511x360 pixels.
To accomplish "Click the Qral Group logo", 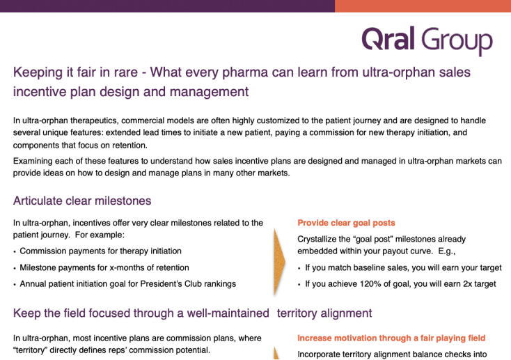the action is (x=427, y=40).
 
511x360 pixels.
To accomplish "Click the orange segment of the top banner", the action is (x=423, y=6).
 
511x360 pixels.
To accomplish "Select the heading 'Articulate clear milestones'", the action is (x=82, y=201).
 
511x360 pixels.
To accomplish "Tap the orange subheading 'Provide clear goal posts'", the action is (x=346, y=223).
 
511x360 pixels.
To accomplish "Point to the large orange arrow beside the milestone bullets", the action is (x=279, y=262).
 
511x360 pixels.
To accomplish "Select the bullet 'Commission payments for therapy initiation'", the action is (x=100, y=251).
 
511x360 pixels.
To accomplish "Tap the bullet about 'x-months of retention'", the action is (x=104, y=267).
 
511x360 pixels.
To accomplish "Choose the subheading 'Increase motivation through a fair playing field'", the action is (x=391, y=338).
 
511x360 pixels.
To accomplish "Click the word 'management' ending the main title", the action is (x=210, y=92).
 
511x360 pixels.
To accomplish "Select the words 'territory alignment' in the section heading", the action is (x=324, y=313).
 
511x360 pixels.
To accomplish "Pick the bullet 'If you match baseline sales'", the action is (x=404, y=267).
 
